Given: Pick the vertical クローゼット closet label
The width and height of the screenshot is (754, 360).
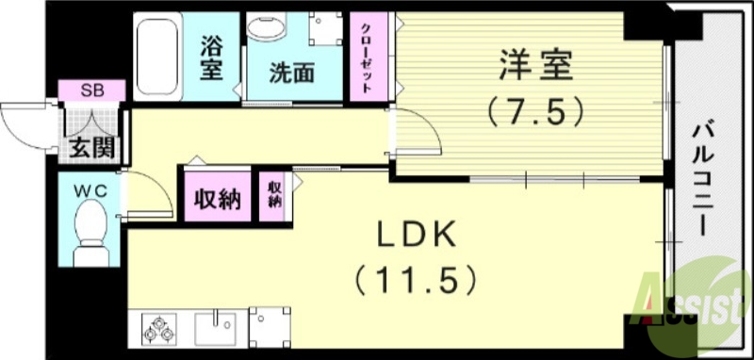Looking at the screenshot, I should (x=367, y=56).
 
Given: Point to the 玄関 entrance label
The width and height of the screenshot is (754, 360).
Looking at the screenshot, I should (x=90, y=147).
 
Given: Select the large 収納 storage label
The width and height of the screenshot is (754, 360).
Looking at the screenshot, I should (x=218, y=198).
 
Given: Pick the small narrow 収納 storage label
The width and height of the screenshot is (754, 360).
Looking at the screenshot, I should (x=274, y=194).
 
